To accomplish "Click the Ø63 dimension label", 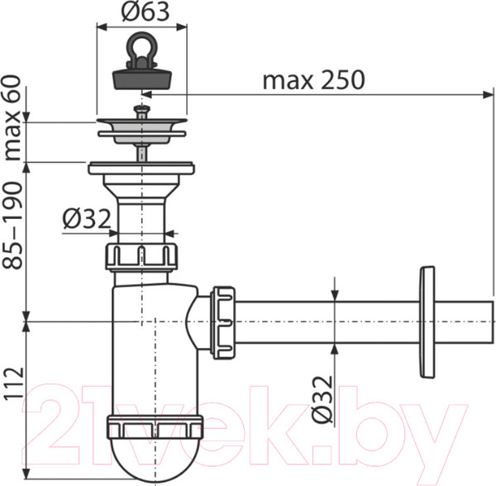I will [x=142, y=13].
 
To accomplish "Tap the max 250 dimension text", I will [x=312, y=81].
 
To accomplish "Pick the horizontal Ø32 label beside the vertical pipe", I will [x=86, y=219].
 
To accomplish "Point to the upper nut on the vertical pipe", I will [x=142, y=256].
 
